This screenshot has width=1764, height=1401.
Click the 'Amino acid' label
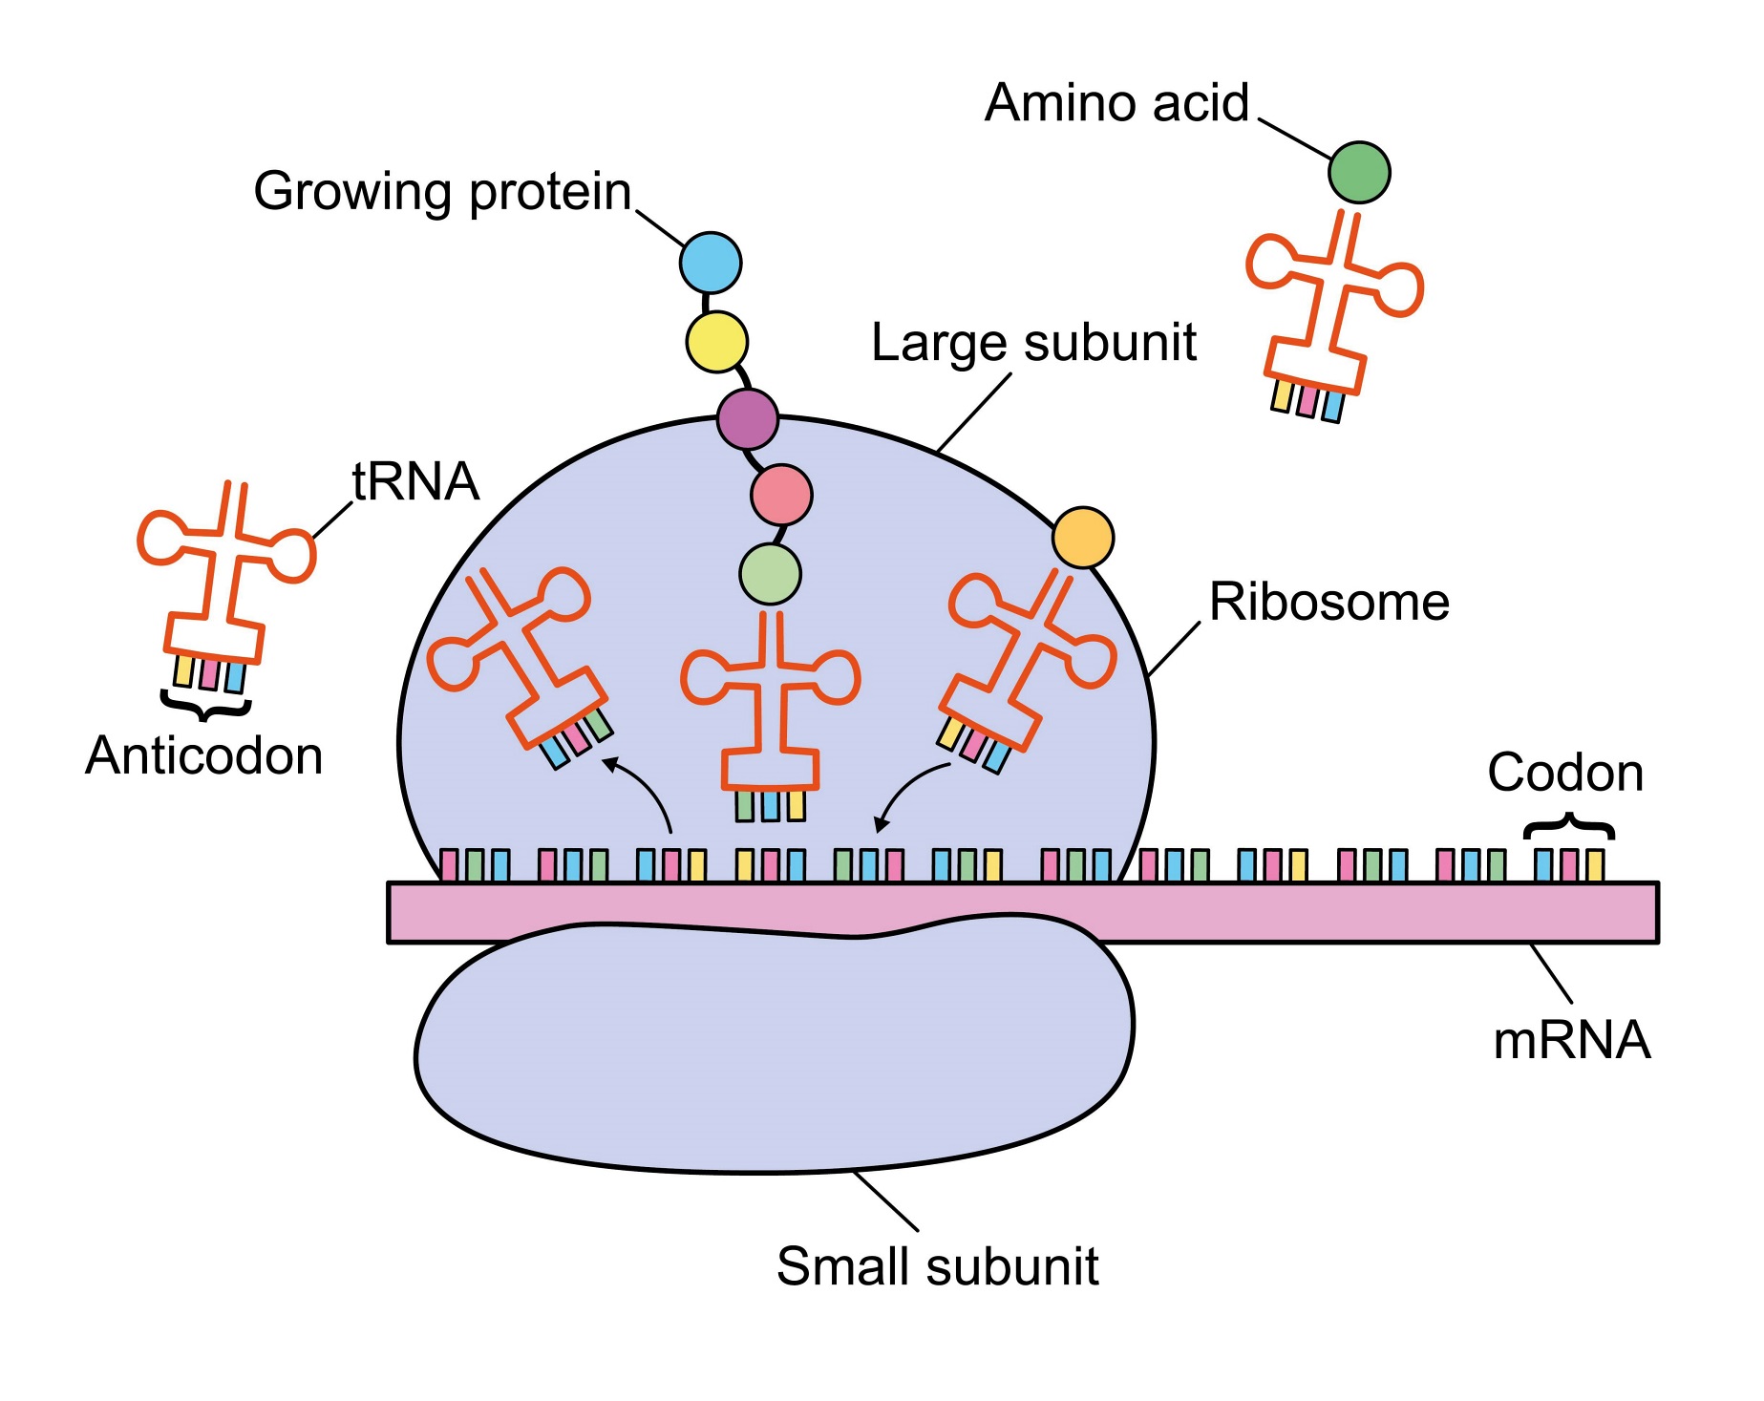(x=1116, y=103)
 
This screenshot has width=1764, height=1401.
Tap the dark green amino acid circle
(x=1358, y=173)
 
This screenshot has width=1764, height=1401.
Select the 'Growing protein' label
(x=442, y=192)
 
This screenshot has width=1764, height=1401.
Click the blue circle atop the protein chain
(x=711, y=263)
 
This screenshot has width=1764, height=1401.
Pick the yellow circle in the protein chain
(x=716, y=342)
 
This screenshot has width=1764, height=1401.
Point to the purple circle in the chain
(x=748, y=418)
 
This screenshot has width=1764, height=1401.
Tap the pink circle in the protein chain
(x=781, y=495)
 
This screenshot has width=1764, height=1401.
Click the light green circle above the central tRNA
(x=770, y=574)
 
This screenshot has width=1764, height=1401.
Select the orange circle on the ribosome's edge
(x=1082, y=538)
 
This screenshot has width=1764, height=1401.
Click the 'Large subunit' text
(x=1033, y=343)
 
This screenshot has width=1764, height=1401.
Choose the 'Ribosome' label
(x=1329, y=603)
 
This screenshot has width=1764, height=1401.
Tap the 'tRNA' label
(x=415, y=481)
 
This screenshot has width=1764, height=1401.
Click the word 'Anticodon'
(x=204, y=756)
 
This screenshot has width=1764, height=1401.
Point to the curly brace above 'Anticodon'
(x=205, y=706)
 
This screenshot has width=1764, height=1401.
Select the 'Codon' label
(x=1565, y=773)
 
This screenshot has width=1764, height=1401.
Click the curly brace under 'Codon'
(x=1569, y=825)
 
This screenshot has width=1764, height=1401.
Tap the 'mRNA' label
(x=1572, y=1040)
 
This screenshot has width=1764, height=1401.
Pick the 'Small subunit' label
(x=937, y=1267)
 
